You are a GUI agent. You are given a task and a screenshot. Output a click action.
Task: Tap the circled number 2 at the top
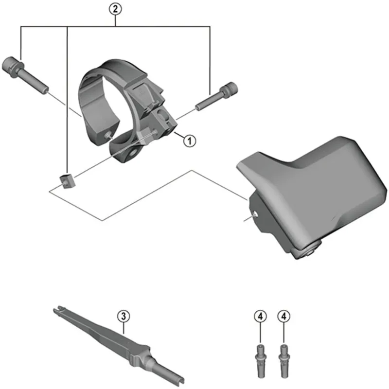click(115, 8)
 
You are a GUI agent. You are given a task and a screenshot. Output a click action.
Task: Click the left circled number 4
click(260, 316)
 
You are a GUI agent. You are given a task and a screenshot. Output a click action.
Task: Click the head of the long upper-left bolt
click(13, 64)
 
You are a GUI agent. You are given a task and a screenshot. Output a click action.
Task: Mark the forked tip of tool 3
click(57, 309)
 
